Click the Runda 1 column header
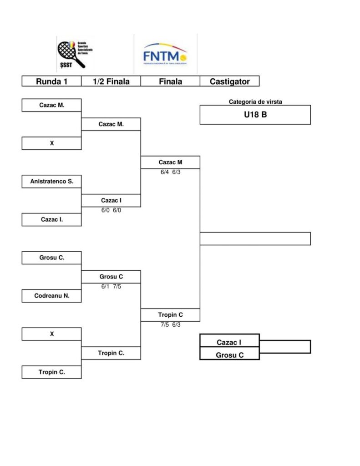pyautogui.click(x=51, y=81)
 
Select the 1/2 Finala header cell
pyautogui.click(x=111, y=81)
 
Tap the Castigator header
pyautogui.click(x=229, y=81)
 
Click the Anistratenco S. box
pyautogui.click(x=51, y=182)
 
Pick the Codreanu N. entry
pyautogui.click(x=51, y=296)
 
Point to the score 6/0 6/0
pyautogui.click(x=111, y=211)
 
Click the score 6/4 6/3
pyautogui.click(x=171, y=172)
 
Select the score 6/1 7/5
pyautogui.click(x=111, y=287)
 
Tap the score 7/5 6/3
pyautogui.click(x=171, y=325)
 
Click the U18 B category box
pyautogui.click(x=255, y=115)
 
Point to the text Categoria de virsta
pyautogui.click(x=255, y=102)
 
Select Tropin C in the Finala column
pyautogui.click(x=171, y=315)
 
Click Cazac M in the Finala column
pyautogui.click(x=171, y=162)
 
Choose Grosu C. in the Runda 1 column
pyautogui.click(x=51, y=258)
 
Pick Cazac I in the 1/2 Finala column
pyautogui.click(x=111, y=200)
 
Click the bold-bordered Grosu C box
pyautogui.click(x=229, y=355)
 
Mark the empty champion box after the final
pyautogui.click(x=255, y=239)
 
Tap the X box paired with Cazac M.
pyautogui.click(x=51, y=143)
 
